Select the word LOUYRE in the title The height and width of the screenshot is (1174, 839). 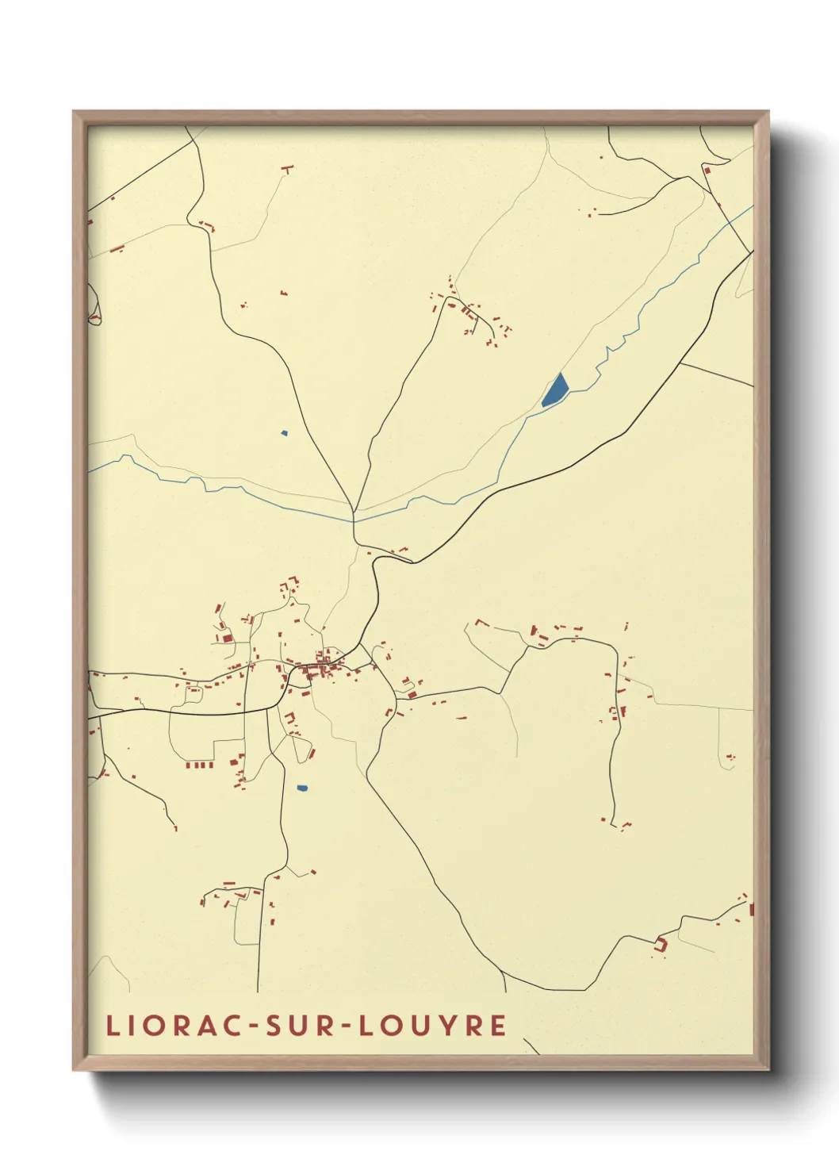pos(432,1025)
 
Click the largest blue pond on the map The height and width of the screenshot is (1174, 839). pos(555,389)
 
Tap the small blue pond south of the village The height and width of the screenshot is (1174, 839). pos(301,788)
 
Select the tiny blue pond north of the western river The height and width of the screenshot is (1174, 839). pos(284,433)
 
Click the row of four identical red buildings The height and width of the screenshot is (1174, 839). pos(200,765)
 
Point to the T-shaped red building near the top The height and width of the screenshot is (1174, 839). pos(287,168)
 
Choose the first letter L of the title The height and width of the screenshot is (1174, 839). pos(112,1025)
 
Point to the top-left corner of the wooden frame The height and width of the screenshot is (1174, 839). pos(74,112)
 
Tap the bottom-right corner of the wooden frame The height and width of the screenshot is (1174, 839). pos(768,1069)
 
